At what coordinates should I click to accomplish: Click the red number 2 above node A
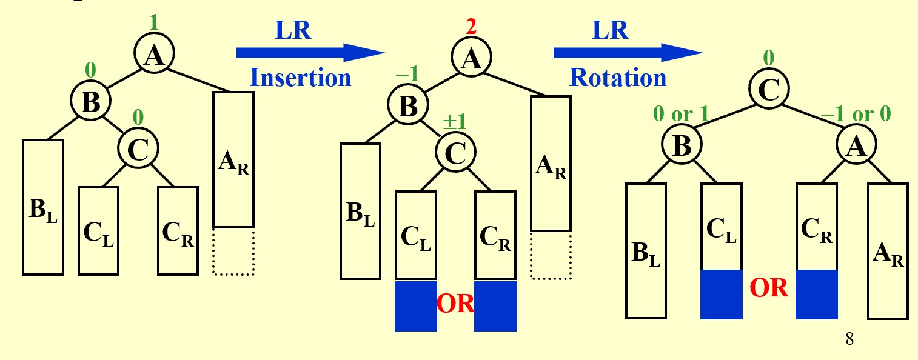point(471,27)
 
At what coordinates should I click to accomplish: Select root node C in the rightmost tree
point(769,89)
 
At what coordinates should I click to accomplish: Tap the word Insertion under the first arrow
point(300,78)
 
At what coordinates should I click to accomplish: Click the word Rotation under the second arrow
point(618,78)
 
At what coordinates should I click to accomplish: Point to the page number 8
point(849,339)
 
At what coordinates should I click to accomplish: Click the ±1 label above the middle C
point(455,122)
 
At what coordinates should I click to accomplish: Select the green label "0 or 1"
point(681,113)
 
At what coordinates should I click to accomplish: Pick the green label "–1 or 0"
point(856,113)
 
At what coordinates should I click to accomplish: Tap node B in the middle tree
point(408,104)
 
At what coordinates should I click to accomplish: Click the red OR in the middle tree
point(455,304)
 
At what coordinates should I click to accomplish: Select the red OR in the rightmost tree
point(769,288)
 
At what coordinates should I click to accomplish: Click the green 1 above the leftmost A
point(153,22)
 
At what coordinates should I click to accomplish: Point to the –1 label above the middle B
point(407,74)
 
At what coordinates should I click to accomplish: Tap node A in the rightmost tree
point(857,145)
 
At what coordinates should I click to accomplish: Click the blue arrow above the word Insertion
point(310,53)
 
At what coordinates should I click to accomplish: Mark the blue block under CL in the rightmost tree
point(722,294)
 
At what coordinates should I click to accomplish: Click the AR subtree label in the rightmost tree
point(888,254)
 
